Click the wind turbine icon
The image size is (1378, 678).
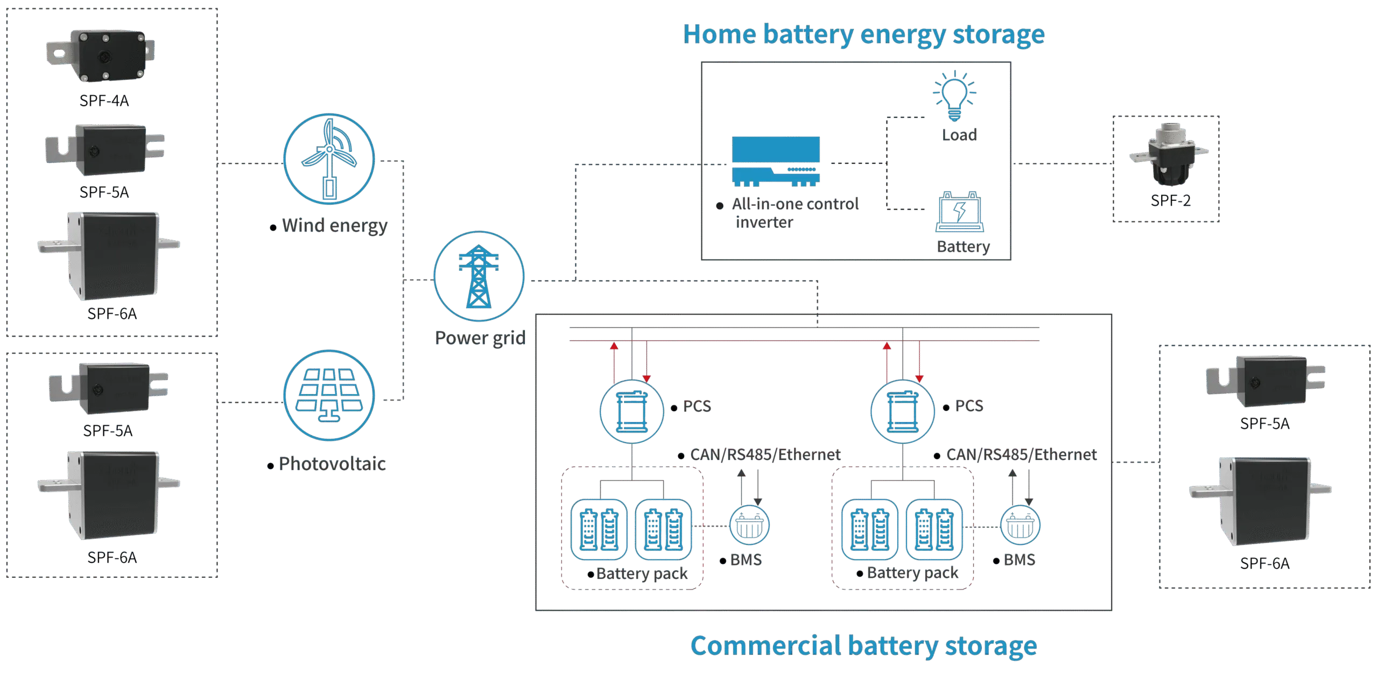tap(329, 159)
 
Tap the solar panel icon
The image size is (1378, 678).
tap(329, 396)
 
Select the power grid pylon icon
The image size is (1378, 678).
tap(479, 277)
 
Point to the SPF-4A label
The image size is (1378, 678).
tap(103, 101)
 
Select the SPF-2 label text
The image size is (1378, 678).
tap(1170, 201)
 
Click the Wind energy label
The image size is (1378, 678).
tap(334, 225)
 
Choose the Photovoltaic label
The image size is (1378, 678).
tap(332, 464)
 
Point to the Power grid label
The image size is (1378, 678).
tap(480, 338)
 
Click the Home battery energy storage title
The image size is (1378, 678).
tap(864, 34)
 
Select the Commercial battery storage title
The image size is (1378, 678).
tap(863, 645)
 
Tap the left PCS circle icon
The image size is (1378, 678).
tap(632, 412)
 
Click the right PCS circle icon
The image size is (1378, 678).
tap(903, 412)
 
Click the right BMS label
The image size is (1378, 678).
tap(1019, 560)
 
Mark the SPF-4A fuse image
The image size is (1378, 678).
tap(100, 55)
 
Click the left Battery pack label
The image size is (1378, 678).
tap(642, 574)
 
